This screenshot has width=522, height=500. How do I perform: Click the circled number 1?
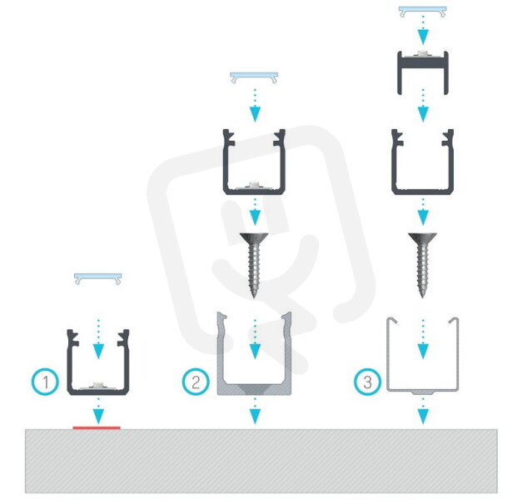(x=45, y=382)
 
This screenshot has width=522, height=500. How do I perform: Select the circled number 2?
(x=196, y=382)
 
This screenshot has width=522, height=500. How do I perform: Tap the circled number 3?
(x=367, y=382)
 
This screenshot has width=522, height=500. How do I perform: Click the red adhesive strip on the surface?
(x=97, y=427)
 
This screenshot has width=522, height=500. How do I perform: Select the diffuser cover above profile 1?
(x=98, y=278)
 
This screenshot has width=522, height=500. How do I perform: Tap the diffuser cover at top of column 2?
(x=255, y=77)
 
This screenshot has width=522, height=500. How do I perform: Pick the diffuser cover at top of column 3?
(x=423, y=12)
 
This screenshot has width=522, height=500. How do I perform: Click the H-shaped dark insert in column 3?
(x=423, y=62)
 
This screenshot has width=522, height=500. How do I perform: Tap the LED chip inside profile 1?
(x=98, y=385)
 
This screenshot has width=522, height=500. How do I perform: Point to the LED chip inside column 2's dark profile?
(x=255, y=184)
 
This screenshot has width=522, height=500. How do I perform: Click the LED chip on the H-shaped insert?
(x=423, y=52)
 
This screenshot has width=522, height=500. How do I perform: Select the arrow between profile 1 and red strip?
(x=98, y=411)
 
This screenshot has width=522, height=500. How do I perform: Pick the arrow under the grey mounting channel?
(x=255, y=411)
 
